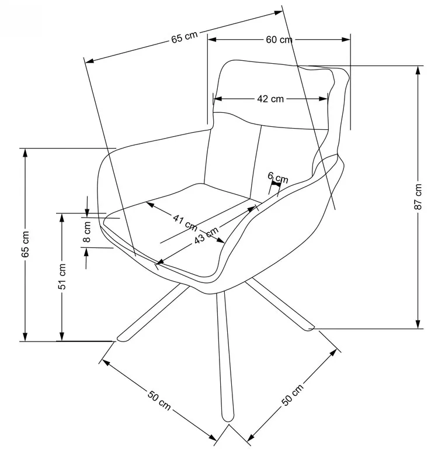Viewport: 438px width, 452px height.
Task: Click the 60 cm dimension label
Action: point(279,40)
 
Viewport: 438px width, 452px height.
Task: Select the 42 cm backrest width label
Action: point(270,99)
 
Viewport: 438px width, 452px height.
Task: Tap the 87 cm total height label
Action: point(418,196)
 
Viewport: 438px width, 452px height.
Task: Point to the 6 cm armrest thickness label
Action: point(277,177)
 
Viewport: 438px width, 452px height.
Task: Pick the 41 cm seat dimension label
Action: point(185,223)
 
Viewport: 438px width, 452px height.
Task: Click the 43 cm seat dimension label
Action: point(206,236)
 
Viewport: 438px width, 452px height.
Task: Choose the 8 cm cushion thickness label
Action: point(86,232)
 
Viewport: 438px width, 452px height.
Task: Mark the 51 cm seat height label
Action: point(62,277)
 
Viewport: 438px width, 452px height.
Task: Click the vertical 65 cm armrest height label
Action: point(25,244)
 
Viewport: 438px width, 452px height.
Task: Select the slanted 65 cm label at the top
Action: point(185,37)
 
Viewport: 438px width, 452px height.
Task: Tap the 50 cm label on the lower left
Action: point(159,400)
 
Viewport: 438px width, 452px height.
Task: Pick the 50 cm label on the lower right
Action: point(292,395)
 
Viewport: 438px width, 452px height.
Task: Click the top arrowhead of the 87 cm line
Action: point(418,70)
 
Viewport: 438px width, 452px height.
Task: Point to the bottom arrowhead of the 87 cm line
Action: point(418,325)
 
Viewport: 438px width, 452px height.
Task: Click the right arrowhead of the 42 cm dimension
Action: point(324,99)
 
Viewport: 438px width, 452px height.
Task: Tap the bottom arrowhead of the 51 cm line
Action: point(62,336)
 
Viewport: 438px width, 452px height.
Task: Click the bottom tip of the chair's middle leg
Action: point(228,422)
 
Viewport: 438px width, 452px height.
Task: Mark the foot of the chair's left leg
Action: point(121,339)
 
